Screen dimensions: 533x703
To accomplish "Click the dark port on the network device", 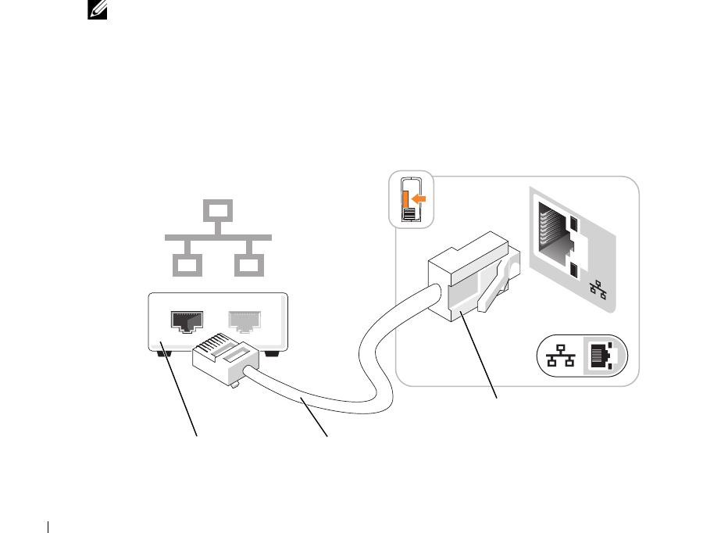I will point(187,321).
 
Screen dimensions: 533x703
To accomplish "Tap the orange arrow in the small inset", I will point(419,199).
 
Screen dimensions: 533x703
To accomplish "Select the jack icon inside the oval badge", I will point(603,356).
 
